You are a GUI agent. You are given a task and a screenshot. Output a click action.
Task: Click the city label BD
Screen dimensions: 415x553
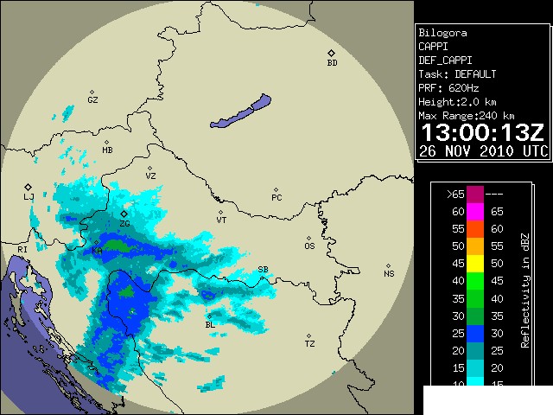click(x=332, y=63)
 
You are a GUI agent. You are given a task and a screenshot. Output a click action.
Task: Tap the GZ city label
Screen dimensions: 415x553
click(x=92, y=100)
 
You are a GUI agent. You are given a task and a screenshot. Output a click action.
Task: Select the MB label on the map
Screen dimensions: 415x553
click(x=107, y=150)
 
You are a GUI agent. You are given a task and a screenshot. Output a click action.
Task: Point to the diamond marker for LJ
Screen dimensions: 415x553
click(x=28, y=186)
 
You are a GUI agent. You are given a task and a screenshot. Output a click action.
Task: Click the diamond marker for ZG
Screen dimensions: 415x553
click(x=124, y=213)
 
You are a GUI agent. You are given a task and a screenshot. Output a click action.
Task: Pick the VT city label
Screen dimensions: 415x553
click(x=221, y=220)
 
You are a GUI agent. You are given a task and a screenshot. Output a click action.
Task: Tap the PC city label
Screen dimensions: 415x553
click(x=276, y=198)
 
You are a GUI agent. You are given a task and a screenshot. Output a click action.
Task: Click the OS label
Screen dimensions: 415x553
click(x=309, y=246)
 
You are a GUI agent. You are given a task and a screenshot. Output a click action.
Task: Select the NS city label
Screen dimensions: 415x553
click(x=389, y=274)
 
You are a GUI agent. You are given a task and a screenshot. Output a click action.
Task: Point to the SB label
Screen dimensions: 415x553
click(x=263, y=269)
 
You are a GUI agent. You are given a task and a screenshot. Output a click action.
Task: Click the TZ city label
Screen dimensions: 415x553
click(x=309, y=344)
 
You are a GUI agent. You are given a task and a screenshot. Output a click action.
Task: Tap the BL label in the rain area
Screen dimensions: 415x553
click(x=209, y=325)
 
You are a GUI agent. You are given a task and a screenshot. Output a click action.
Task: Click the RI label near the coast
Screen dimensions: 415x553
click(x=22, y=250)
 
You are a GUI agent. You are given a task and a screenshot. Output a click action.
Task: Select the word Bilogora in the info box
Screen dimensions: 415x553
click(x=442, y=33)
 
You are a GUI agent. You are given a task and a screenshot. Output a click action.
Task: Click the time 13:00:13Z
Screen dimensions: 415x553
click(x=481, y=132)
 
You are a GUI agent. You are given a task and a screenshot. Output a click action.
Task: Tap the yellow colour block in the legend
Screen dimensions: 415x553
click(x=475, y=263)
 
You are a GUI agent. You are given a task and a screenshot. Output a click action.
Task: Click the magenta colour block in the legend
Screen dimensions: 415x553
click(x=475, y=211)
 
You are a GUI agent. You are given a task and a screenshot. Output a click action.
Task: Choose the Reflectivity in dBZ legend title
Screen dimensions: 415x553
click(x=524, y=290)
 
